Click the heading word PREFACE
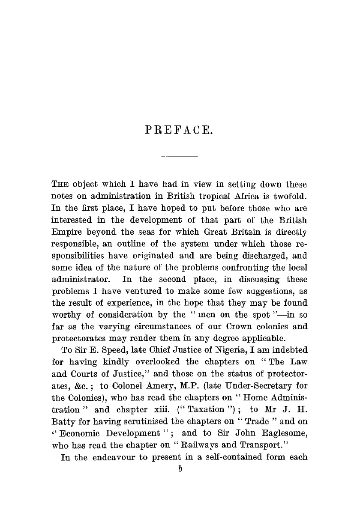[x=179, y=129]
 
